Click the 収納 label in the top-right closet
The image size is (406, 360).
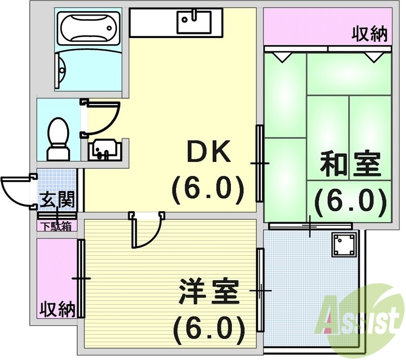[370, 34]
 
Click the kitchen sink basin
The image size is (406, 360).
[193, 22]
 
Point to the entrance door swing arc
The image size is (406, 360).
[16, 189]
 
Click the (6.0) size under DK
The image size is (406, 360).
[209, 189]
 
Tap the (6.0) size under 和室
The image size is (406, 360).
[350, 202]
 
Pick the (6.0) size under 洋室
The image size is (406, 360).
[208, 330]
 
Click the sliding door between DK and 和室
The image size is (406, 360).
[260, 163]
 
